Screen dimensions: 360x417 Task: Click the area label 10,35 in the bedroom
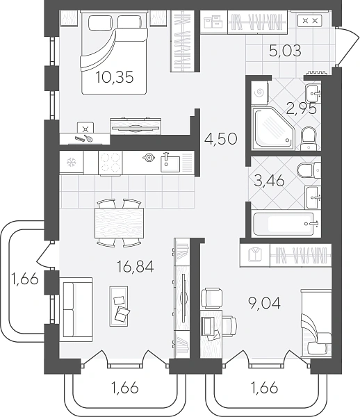115,77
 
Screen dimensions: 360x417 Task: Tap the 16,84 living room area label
136,267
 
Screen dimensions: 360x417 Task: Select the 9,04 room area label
264,303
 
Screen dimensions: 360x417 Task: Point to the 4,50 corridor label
221,139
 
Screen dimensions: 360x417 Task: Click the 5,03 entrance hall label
285,51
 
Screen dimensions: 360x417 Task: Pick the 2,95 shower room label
301,109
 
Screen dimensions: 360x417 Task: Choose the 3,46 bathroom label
270,181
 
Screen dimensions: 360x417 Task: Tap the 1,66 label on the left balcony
25,279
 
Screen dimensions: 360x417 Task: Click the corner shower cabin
274,129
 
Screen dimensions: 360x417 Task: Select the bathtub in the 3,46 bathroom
286,224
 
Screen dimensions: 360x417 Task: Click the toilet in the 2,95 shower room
309,139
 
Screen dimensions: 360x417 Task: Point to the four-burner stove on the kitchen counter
111,163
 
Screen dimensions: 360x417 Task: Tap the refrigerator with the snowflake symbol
72,162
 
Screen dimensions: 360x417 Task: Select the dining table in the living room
119,223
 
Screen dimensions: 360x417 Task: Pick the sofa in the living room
76,309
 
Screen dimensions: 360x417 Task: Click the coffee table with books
119,306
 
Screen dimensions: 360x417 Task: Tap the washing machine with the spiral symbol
259,92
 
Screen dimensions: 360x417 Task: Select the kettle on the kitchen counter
149,158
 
